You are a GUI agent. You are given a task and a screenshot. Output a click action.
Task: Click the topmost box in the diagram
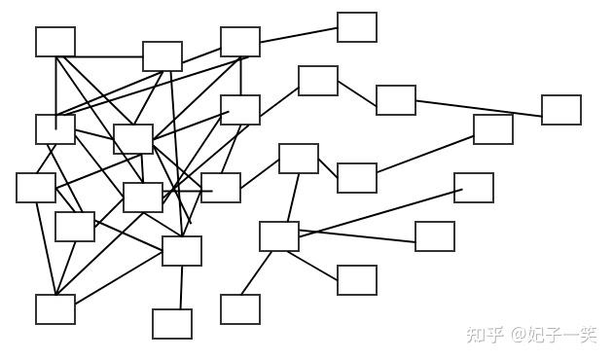click(x=357, y=27)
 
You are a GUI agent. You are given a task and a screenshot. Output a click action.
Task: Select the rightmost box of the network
click(x=561, y=110)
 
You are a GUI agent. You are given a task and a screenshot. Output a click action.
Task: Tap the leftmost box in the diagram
click(x=36, y=188)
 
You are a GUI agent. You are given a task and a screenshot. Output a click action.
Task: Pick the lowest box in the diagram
click(x=172, y=324)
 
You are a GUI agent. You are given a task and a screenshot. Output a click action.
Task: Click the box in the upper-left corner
click(x=55, y=42)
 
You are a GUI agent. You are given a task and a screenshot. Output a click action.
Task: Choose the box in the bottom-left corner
click(x=55, y=309)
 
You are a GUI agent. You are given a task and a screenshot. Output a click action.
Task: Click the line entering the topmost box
click(x=299, y=35)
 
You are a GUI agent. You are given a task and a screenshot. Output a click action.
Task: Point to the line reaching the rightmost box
click(x=479, y=109)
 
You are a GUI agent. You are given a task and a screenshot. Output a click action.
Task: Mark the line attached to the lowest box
click(x=181, y=287)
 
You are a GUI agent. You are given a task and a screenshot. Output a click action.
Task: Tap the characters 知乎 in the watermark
click(x=485, y=335)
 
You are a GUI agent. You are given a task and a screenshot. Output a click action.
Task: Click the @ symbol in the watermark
click(x=519, y=335)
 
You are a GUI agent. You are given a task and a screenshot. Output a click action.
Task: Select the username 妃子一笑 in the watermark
click(x=562, y=335)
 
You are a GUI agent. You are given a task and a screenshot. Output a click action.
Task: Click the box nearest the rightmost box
click(x=493, y=129)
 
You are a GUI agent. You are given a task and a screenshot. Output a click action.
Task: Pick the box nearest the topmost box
click(x=318, y=81)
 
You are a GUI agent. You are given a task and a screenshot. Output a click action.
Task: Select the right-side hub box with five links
click(x=279, y=236)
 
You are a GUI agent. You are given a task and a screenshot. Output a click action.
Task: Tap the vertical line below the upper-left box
click(x=56, y=93)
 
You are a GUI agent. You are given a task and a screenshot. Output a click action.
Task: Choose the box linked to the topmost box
click(x=240, y=42)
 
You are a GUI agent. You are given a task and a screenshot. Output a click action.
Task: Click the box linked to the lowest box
click(x=182, y=251)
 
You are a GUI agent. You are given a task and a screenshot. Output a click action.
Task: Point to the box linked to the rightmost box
click(x=396, y=100)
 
